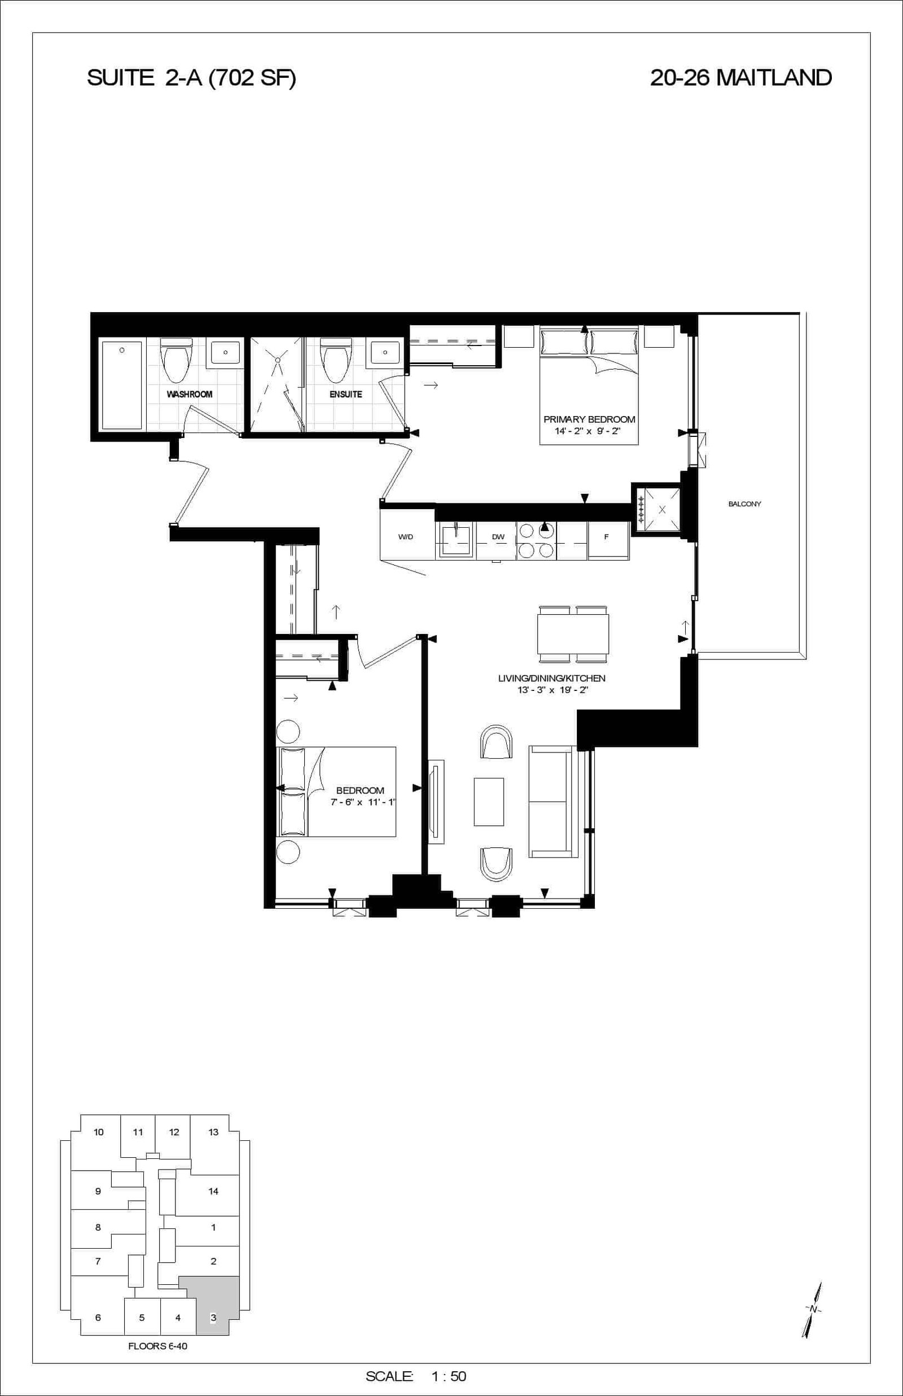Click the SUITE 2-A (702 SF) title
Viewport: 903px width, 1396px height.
point(191,78)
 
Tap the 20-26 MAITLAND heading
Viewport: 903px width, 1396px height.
point(740,78)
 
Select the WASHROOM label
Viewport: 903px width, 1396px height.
point(190,394)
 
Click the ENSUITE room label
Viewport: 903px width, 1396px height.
point(345,394)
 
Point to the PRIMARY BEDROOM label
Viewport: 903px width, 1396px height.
point(589,419)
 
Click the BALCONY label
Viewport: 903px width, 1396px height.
point(744,504)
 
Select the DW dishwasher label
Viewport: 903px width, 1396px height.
point(498,536)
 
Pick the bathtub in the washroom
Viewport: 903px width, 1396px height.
point(122,385)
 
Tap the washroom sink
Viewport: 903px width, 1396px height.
point(226,353)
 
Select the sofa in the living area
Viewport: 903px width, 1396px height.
point(554,802)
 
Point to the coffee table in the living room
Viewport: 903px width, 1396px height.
point(489,802)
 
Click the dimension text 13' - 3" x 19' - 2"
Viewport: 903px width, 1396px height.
point(552,690)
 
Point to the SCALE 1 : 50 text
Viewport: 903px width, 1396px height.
point(416,1376)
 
